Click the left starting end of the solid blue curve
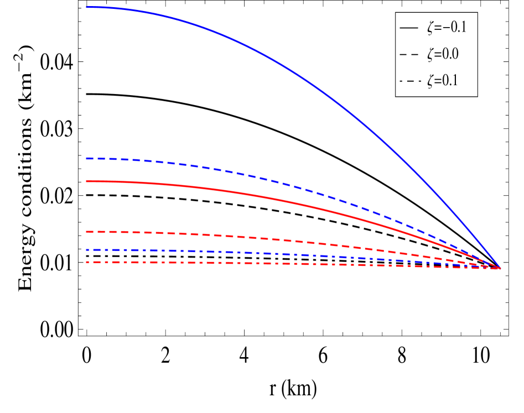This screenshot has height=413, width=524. click(87, 7)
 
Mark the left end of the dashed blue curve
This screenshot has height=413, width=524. click(87, 159)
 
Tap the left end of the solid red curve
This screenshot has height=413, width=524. click(87, 181)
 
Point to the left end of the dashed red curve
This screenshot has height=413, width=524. click(87, 232)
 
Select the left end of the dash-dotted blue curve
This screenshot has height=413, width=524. click(87, 250)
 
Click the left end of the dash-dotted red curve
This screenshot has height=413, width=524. click(87, 262)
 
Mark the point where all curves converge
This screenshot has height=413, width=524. click(500, 268)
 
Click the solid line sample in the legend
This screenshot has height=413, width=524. click(409, 27)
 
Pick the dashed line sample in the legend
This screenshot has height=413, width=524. click(409, 54)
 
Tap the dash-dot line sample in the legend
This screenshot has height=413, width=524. click(409, 81)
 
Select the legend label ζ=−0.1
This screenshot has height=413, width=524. click(447, 27)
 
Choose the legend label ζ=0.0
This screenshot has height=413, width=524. click(443, 54)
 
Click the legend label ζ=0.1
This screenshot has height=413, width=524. click(443, 81)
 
